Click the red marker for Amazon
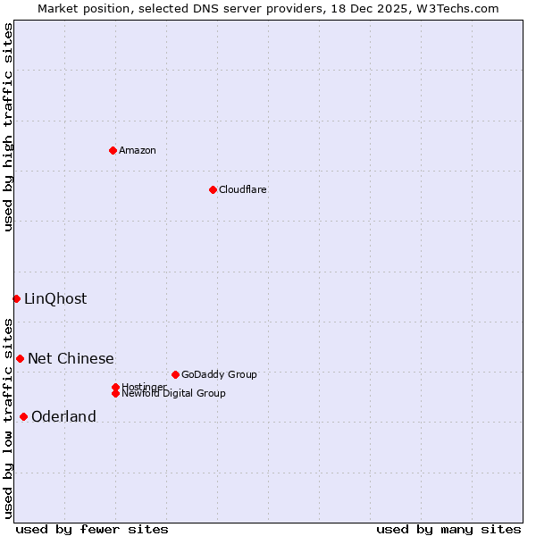[x=113, y=150]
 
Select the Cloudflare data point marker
[x=213, y=189]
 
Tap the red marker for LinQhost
[x=16, y=298]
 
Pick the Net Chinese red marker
[x=20, y=358]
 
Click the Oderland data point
[x=23, y=416]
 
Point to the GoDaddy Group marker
[x=175, y=374]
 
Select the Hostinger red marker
[x=115, y=387]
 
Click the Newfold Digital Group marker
[x=115, y=393]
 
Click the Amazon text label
[x=138, y=151]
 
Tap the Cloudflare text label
[x=242, y=190]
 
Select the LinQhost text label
[x=55, y=299]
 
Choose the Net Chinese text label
[x=71, y=359]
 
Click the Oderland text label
[x=63, y=417]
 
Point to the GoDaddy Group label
[x=219, y=375]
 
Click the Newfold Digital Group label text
[x=174, y=394]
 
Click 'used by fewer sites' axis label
[x=92, y=529]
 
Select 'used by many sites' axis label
[x=448, y=529]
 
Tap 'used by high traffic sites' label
[x=9, y=127]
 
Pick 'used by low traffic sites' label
[x=9, y=417]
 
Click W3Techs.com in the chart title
[x=455, y=8]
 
